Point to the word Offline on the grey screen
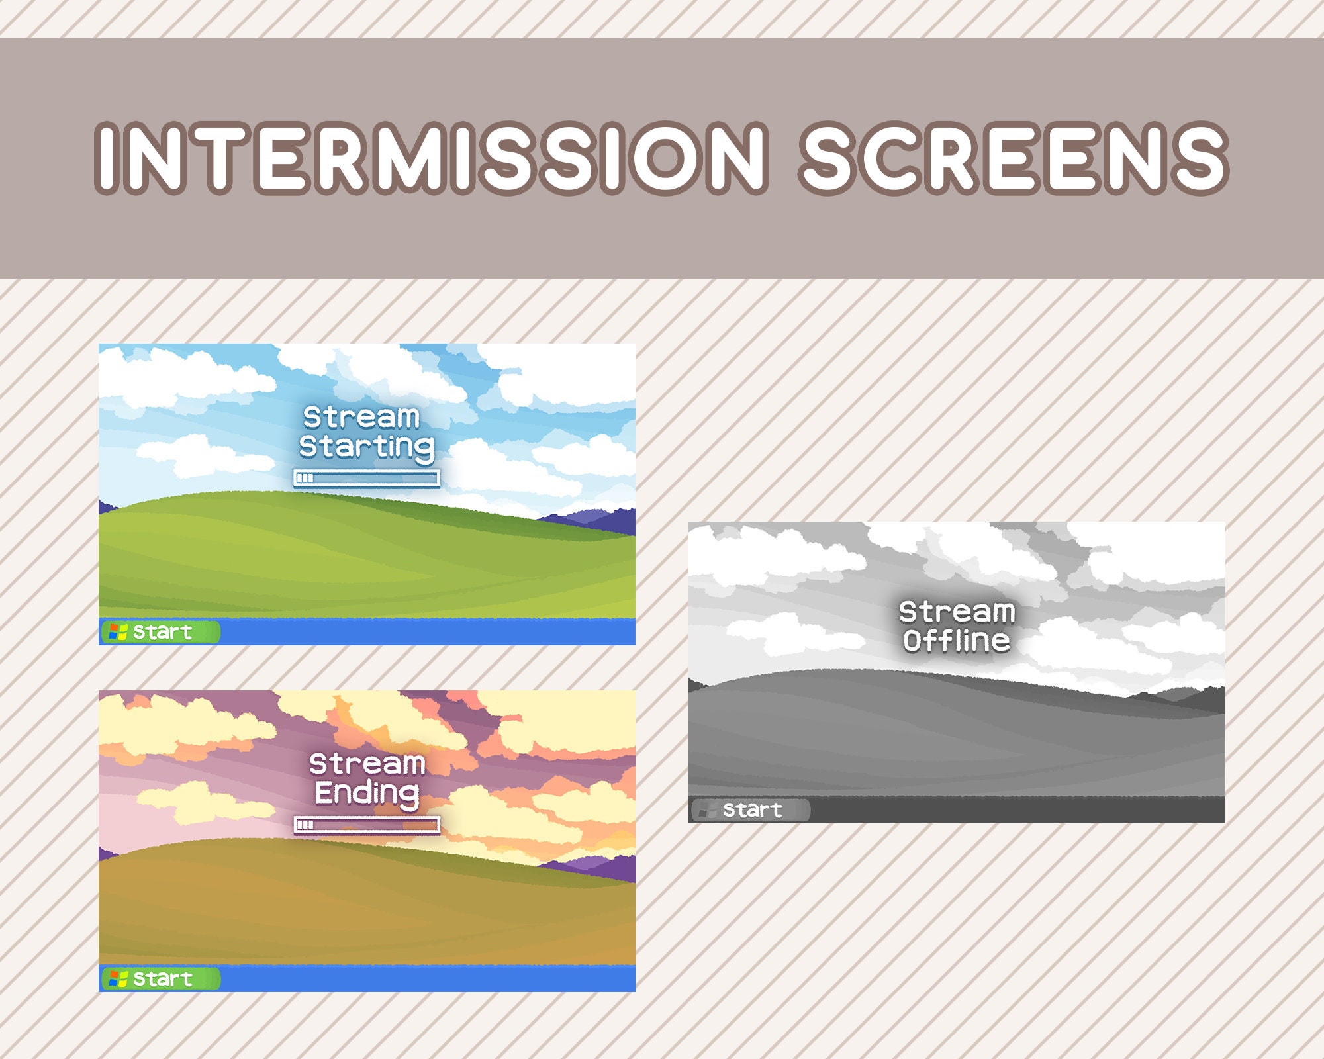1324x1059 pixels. (957, 641)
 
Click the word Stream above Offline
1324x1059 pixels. (957, 612)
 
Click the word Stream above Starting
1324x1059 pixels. (361, 418)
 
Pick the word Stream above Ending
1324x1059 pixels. (367, 764)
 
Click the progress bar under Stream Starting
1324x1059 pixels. (366, 478)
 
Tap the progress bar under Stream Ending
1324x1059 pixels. (366, 825)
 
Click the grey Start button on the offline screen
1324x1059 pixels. (751, 809)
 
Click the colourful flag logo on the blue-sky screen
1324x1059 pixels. (118, 632)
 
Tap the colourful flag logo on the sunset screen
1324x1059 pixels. (118, 978)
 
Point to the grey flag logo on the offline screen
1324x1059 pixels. (708, 810)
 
